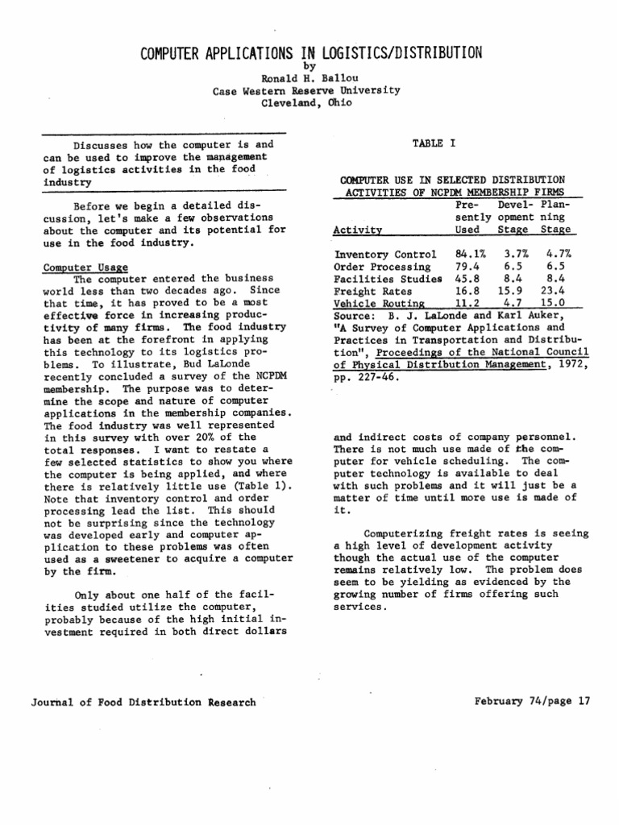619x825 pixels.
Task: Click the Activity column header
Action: point(358,230)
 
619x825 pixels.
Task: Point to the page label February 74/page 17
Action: point(534,701)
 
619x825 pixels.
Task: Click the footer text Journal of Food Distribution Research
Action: point(143,702)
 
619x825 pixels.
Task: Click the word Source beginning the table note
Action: point(351,316)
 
